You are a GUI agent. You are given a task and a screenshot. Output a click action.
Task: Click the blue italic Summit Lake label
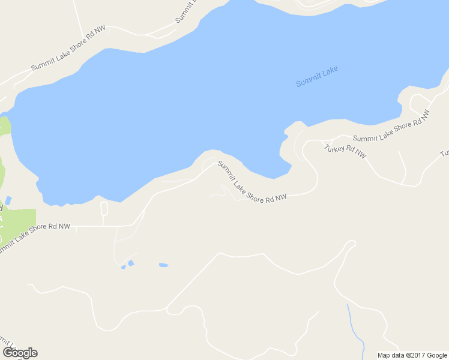pos(317,77)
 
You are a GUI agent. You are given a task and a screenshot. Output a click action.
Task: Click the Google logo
pos(20,353)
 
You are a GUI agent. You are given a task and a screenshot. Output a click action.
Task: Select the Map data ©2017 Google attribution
pos(413,355)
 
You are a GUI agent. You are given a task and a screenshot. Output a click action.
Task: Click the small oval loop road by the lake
pos(103,209)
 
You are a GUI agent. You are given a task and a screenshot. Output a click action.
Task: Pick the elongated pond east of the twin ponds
pos(163,265)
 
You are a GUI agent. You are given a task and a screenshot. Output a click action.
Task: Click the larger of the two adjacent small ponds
pos(130,263)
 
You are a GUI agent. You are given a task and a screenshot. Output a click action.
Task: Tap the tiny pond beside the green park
pos(8,200)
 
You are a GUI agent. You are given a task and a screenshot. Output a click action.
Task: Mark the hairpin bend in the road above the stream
pos(351,244)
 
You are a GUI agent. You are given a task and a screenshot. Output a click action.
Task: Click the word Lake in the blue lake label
pos(330,73)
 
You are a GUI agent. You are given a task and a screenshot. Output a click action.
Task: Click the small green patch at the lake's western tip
pos(5,126)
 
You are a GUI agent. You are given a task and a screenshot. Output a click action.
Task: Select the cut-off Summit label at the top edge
pos(187,12)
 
